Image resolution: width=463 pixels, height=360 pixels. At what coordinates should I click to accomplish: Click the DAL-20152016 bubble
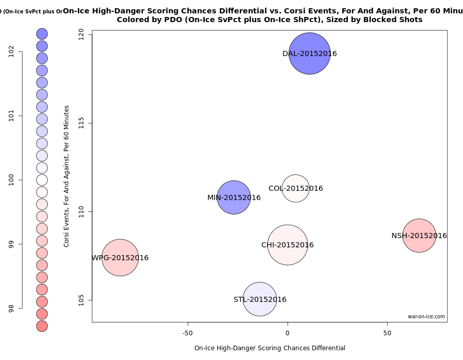tap(309, 53)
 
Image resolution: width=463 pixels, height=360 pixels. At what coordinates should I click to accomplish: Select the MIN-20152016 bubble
tap(234, 197)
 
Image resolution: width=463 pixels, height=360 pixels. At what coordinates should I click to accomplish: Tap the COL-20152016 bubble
tap(295, 188)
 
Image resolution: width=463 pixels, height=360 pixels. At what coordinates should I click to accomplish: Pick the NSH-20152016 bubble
tap(419, 236)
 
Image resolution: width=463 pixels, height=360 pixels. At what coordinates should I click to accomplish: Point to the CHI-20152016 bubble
tap(288, 245)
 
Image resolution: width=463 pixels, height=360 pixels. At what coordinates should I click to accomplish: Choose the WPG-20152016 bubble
tap(120, 258)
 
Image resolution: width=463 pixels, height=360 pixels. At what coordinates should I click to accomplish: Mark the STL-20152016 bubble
tap(260, 299)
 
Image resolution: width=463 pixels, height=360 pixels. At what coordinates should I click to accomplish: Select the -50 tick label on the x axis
tap(188, 333)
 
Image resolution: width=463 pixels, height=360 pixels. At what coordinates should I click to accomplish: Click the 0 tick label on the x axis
tap(288, 333)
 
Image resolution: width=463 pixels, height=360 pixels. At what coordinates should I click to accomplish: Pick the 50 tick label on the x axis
tap(387, 333)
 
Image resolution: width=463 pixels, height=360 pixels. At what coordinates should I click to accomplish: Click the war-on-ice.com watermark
tap(426, 317)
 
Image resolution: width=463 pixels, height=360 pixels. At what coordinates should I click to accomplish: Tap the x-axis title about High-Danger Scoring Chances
tap(270, 348)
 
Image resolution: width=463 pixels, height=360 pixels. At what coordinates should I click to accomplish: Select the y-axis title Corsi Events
tap(66, 176)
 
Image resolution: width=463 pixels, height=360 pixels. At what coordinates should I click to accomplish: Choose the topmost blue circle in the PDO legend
tap(42, 33)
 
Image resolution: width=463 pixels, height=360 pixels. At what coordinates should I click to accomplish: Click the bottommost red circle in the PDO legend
tap(42, 326)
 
